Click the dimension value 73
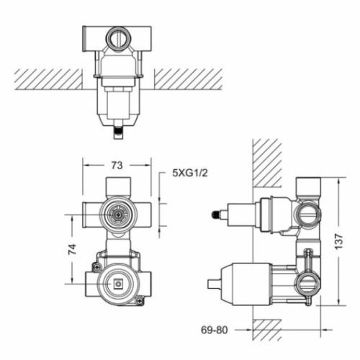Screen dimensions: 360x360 117,165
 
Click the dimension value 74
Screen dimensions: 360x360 72,249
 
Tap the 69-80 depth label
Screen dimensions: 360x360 214,330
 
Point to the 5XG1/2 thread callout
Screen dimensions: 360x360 190,173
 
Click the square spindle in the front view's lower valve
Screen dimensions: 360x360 117,284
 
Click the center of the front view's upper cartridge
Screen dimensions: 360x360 118,214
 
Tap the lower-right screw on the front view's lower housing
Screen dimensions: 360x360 140,300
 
